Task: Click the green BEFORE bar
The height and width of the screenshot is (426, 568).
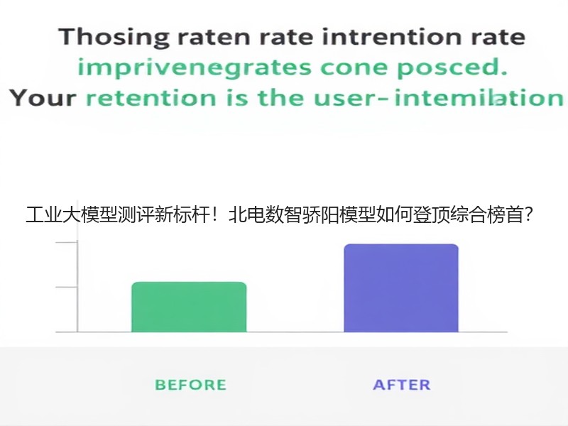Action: [x=189, y=307]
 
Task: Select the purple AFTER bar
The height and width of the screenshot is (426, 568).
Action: [x=401, y=288]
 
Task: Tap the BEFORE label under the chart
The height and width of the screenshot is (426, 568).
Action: [x=190, y=385]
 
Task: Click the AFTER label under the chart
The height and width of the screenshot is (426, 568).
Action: [x=402, y=385]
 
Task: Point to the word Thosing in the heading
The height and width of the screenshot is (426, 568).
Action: [x=114, y=38]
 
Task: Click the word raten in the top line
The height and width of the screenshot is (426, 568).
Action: [x=214, y=38]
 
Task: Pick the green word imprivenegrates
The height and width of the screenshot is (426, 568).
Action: [x=195, y=68]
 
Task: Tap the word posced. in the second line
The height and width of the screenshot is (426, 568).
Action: [x=452, y=68]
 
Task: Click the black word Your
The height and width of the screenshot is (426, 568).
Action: [x=43, y=98]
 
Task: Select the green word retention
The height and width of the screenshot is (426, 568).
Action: [x=151, y=98]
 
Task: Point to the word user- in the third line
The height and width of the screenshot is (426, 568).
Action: [x=351, y=98]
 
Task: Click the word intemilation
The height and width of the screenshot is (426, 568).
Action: [x=479, y=98]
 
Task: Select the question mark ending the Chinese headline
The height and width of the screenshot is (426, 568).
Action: [x=528, y=214]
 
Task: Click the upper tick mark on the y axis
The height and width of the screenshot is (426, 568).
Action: [x=67, y=241]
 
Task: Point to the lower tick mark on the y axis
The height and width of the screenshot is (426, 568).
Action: [x=67, y=288]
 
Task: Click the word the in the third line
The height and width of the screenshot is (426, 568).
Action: [x=280, y=98]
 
